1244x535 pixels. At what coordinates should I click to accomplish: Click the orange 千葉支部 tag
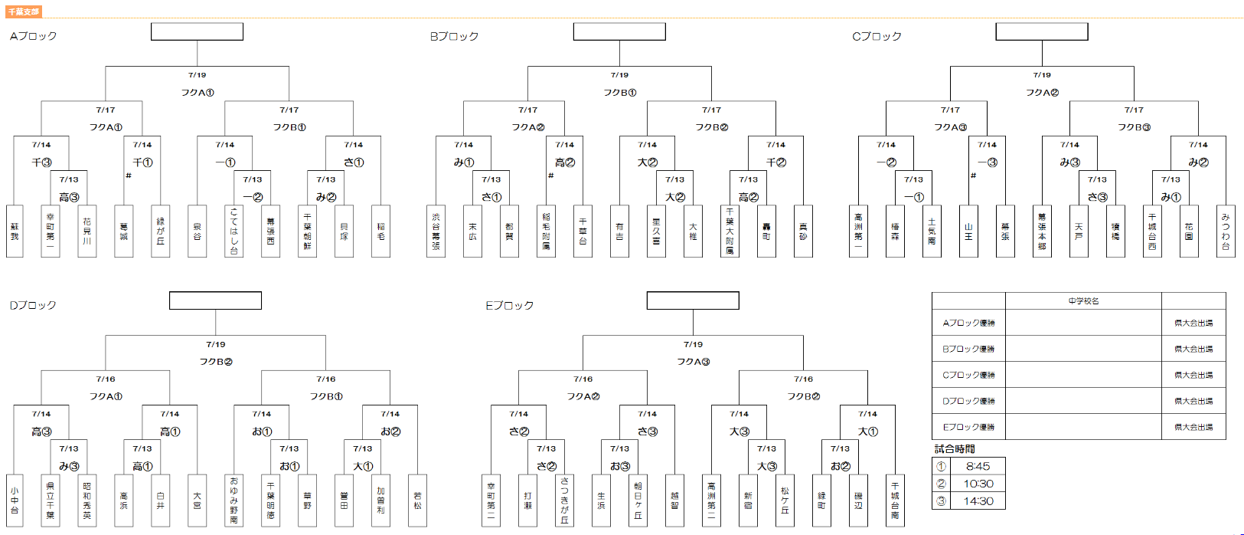[24, 11]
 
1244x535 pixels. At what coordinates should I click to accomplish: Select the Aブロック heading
[33, 36]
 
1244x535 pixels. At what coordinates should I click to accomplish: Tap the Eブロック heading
[509, 305]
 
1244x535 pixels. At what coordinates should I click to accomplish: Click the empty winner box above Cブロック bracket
[1041, 31]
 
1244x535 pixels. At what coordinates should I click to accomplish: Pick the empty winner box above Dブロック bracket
[215, 300]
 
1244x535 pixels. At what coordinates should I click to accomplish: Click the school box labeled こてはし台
[233, 231]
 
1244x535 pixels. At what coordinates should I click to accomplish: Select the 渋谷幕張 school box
[436, 231]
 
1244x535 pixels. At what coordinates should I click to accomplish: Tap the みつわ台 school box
[1226, 231]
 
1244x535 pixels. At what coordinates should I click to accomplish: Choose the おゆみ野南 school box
[233, 500]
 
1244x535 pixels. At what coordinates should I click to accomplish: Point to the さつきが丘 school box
[564, 500]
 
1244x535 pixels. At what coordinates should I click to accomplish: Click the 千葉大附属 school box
[730, 231]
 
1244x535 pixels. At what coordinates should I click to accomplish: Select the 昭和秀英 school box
[87, 500]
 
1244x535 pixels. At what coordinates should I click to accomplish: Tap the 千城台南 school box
[895, 500]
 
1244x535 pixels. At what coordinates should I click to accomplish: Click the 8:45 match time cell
[978, 466]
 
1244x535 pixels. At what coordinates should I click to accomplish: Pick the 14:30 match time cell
[978, 501]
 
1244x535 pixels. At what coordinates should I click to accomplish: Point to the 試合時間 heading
[955, 449]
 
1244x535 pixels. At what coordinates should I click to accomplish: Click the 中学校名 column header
[1083, 301]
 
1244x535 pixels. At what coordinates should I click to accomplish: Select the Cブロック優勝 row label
[968, 375]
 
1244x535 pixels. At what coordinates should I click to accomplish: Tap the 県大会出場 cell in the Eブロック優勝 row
[1193, 427]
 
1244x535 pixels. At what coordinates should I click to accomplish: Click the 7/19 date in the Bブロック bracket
[619, 75]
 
